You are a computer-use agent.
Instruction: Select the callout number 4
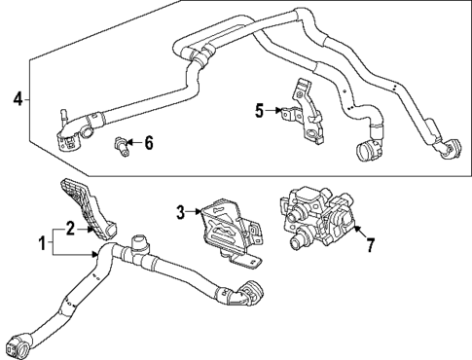coord(16,98)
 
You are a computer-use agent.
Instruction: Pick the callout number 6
coord(149,143)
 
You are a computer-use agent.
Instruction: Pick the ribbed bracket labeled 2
coord(91,208)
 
